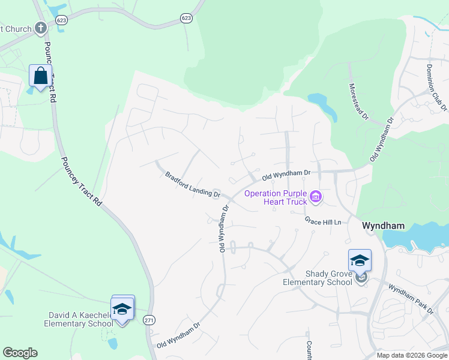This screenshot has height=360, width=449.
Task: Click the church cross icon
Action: tap(41, 28)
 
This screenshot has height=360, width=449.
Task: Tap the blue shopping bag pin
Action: tap(40, 77)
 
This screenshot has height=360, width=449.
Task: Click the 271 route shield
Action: tap(149, 321)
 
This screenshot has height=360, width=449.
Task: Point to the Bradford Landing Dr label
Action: tap(193, 184)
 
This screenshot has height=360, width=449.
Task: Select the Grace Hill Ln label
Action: tap(323, 222)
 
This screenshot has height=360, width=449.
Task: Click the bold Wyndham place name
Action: tap(383, 226)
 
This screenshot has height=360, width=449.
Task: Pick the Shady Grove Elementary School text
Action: tap(322, 278)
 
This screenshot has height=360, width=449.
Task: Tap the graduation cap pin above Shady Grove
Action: tap(360, 261)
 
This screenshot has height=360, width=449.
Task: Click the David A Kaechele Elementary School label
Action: tap(78, 319)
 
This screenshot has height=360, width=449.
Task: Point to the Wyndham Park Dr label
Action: tap(411, 300)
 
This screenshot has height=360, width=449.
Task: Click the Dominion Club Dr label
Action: tap(437, 87)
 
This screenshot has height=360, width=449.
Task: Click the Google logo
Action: tap(20, 353)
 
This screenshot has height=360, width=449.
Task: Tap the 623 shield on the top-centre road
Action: tap(185, 19)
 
